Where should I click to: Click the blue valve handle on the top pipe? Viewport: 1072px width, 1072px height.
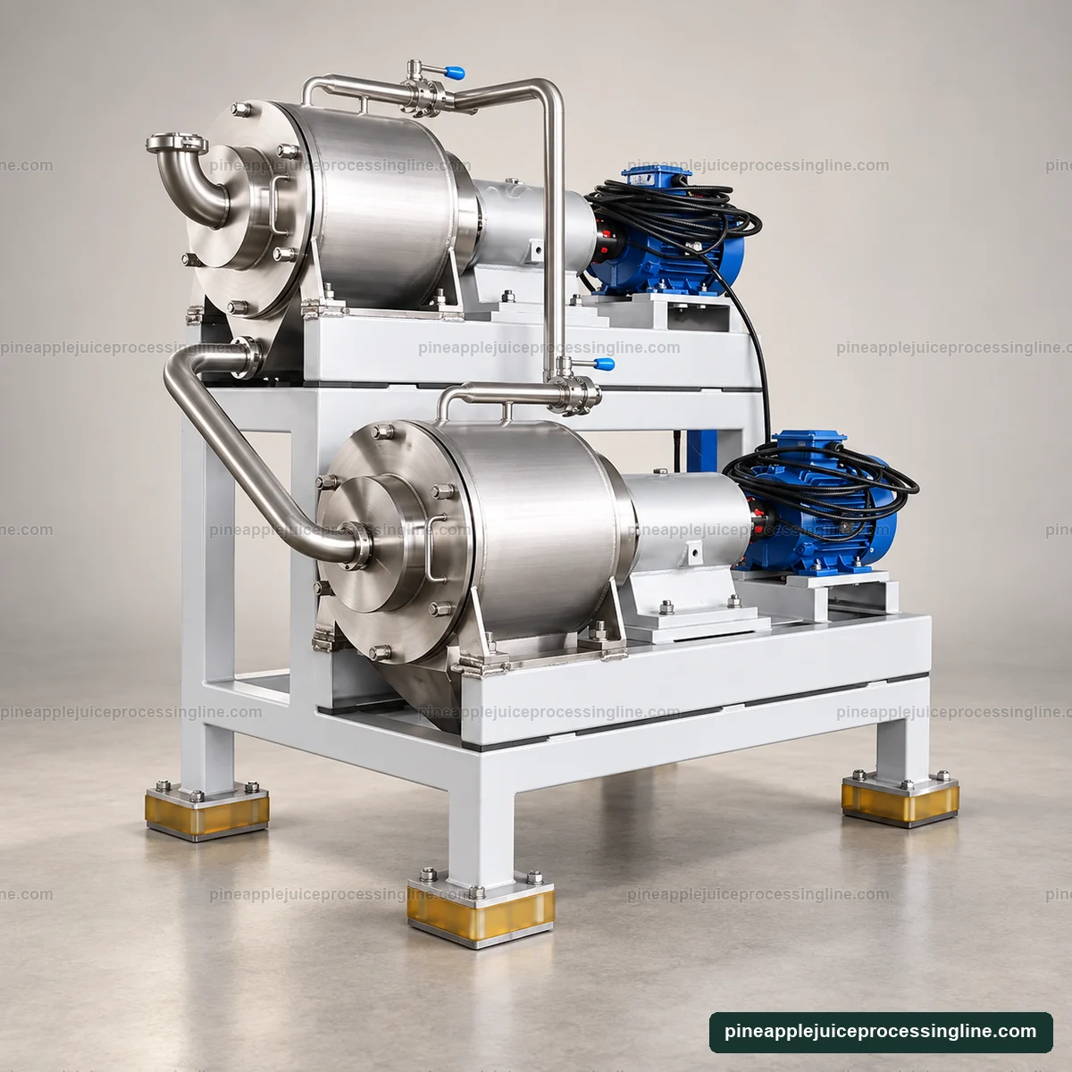pos(455,71)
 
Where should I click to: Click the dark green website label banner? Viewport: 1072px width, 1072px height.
pos(881,1032)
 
